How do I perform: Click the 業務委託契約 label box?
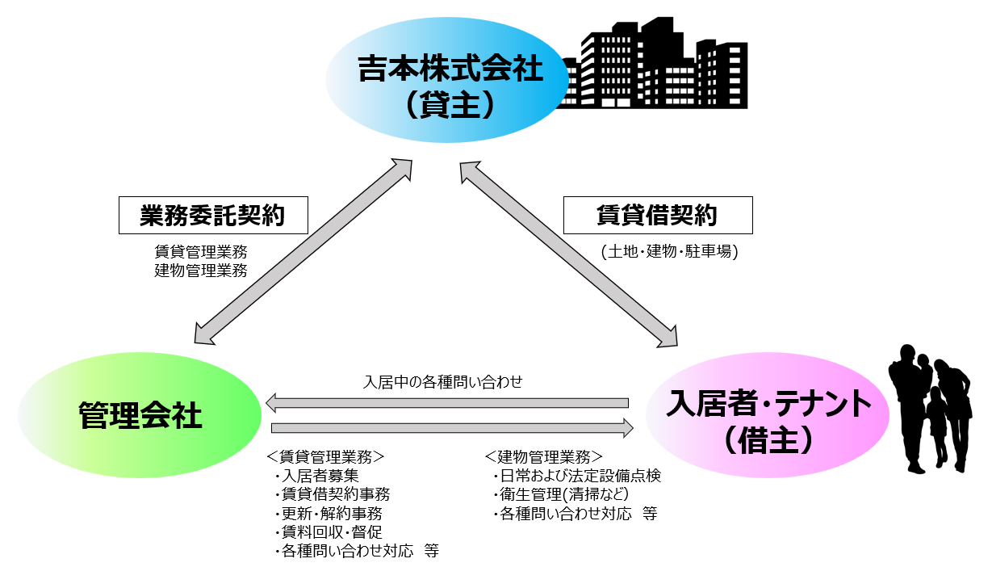coord(213,216)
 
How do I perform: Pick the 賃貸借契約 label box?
coord(657,216)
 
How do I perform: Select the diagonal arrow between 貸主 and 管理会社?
coord(303,250)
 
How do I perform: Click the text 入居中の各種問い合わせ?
coord(443,381)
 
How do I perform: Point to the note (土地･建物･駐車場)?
coord(669,251)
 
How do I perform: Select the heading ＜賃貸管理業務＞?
coord(325,456)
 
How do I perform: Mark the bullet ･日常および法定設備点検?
coord(576,476)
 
